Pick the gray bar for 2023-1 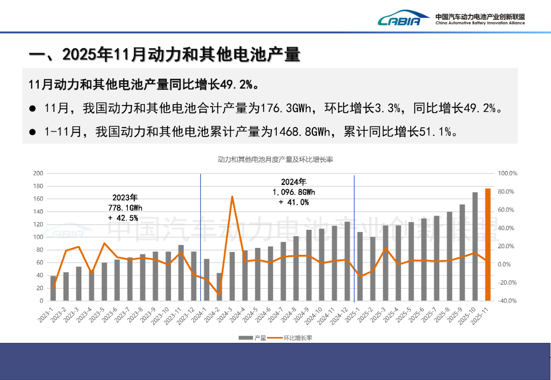click(x=53, y=288)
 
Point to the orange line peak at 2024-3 click(x=232, y=197)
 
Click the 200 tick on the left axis click(x=38, y=173)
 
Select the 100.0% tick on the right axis click(x=507, y=173)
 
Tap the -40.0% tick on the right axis click(x=507, y=301)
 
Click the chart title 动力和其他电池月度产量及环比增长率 click(x=275, y=160)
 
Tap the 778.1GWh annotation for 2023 click(x=125, y=208)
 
